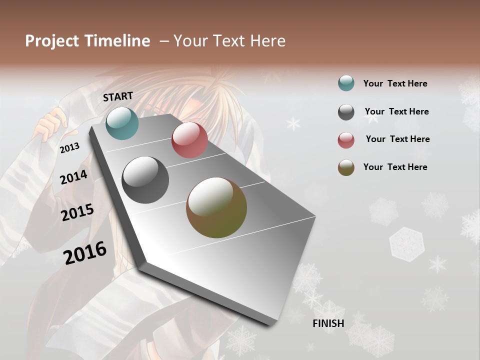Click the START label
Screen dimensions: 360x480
coord(118,96)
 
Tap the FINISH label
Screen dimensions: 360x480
coord(328,323)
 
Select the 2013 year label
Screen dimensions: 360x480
coord(69,147)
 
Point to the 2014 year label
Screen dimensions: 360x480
coord(73,177)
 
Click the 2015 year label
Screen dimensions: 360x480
coord(77,212)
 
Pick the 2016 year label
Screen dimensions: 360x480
coord(85,253)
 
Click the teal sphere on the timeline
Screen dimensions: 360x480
coord(122,123)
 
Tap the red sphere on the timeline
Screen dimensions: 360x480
coord(189,140)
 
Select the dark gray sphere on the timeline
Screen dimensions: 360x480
coord(145,180)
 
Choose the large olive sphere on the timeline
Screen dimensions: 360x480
coord(216,207)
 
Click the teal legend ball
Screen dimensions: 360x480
coord(346,83)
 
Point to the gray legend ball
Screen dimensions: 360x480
coord(346,112)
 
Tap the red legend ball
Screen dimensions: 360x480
coord(346,140)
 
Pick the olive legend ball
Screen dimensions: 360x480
coord(346,167)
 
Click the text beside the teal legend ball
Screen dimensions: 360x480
coord(395,83)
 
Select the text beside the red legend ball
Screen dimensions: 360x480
coord(397,139)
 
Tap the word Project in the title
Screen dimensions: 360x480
coord(52,41)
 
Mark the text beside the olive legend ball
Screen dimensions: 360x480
coord(395,167)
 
